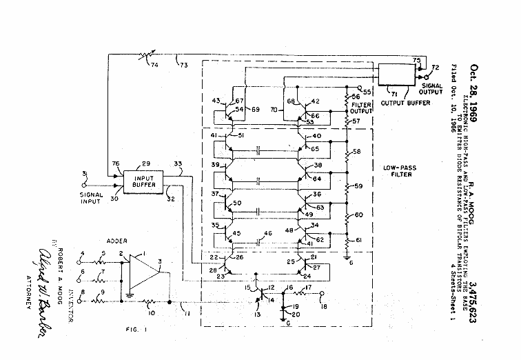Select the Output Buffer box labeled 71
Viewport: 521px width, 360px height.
[400, 74]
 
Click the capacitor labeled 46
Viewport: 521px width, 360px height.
[256, 242]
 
